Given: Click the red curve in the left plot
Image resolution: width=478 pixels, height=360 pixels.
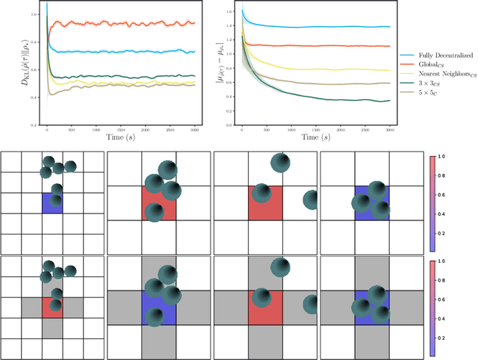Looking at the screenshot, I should tap(119, 24).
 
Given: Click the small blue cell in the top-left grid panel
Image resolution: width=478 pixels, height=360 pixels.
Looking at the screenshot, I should tap(52, 202).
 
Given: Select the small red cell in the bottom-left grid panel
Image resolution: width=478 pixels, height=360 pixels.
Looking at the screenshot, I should tap(52, 307).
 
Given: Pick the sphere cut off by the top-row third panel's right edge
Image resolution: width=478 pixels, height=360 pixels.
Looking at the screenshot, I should tap(311, 200).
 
